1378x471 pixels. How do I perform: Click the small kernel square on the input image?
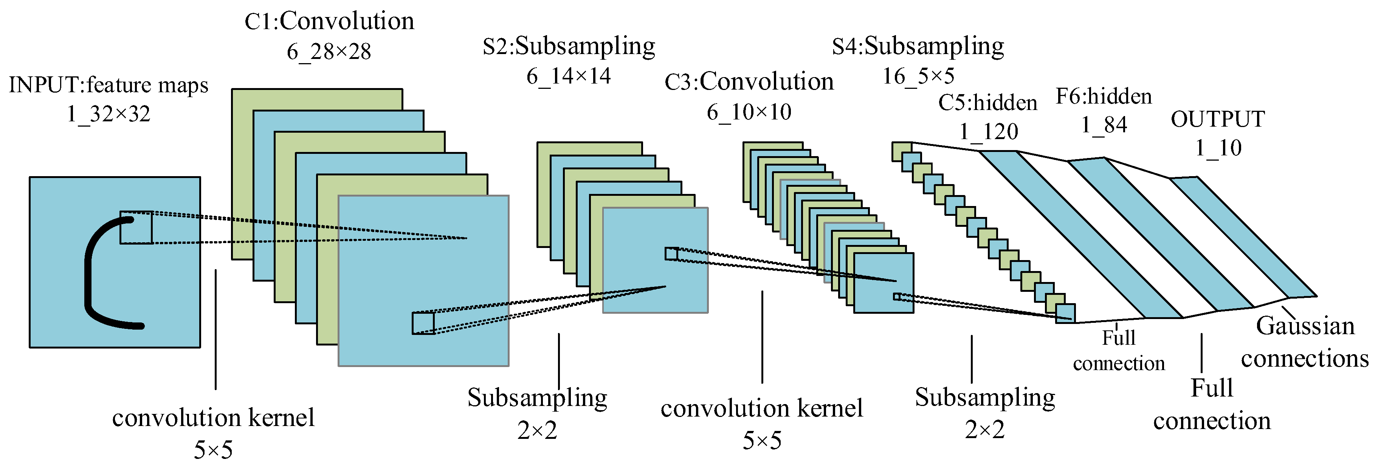[136, 228]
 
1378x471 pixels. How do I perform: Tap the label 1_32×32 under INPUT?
[109, 114]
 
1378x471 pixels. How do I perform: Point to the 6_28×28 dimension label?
[329, 52]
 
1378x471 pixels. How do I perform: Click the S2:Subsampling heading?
[569, 46]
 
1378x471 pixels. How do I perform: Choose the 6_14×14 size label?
[568, 76]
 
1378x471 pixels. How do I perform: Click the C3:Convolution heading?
[749, 82]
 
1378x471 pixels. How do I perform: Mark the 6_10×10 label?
[749, 112]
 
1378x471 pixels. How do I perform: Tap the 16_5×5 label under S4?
[918, 76]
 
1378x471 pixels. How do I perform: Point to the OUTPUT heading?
[1218, 119]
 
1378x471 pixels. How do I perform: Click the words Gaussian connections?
[1304, 342]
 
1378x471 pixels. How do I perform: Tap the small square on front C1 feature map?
[423, 324]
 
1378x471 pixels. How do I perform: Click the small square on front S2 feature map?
[671, 253]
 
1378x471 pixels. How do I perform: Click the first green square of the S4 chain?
[901, 151]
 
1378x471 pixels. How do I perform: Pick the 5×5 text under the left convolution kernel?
[213, 450]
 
